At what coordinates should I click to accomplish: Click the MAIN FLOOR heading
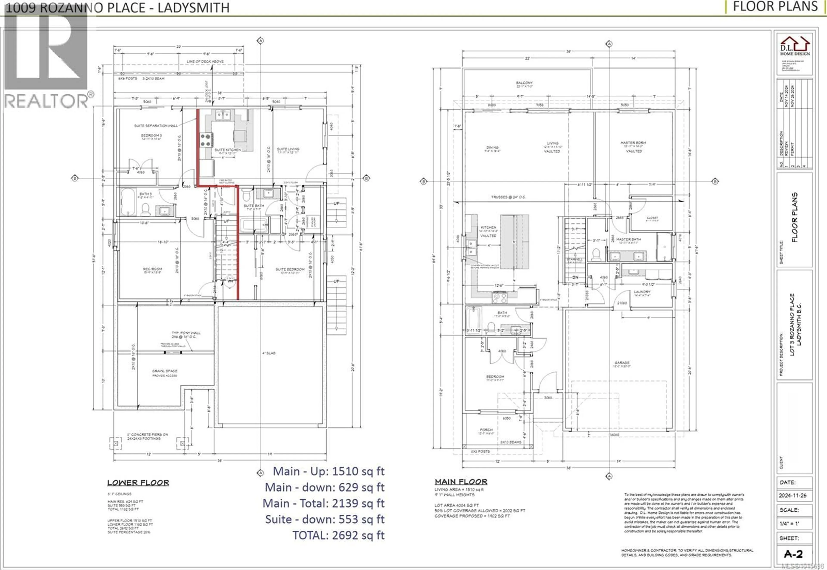pos(461,482)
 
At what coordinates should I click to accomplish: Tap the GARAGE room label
pos(622,363)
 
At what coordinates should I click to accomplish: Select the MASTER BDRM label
pos(633,143)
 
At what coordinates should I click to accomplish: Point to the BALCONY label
pos(524,83)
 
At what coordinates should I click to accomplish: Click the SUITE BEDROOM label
pos(290,269)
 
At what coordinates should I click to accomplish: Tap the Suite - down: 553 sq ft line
pos(325,519)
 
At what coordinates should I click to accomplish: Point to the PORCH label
pos(486,430)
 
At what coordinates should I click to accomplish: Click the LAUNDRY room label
pos(642,292)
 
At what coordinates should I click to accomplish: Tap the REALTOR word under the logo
pos(47,101)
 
